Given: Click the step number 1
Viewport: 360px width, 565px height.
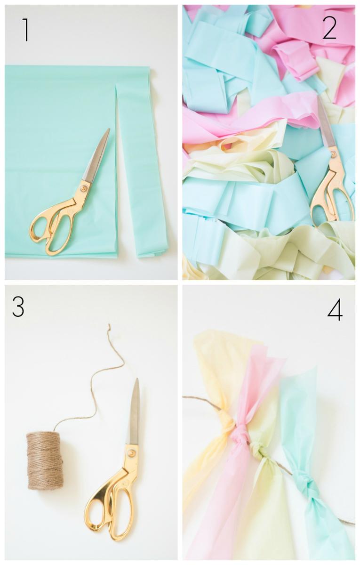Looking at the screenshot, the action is pos(25,30).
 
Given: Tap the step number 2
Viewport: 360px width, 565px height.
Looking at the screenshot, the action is pos(329,29).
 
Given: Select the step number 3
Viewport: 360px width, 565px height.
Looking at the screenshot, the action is pos(18,307).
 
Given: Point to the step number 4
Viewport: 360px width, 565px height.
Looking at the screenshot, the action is pos(335,309).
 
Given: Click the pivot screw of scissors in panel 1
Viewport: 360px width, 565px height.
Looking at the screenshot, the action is pos(83,188).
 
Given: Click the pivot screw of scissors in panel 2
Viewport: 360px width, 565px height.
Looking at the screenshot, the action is pos(333,153).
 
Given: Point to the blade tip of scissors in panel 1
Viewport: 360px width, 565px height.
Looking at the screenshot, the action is pos(109,129).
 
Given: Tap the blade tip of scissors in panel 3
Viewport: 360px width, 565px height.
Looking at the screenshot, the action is pos(137,379).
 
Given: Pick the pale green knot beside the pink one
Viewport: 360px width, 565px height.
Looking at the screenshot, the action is pos(256,448).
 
